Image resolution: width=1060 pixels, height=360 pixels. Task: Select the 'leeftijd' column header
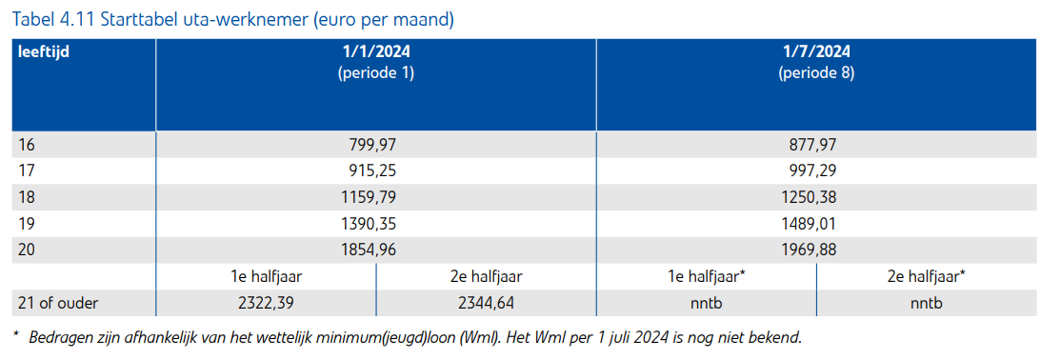(45, 51)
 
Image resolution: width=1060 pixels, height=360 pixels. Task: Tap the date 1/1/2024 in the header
(375, 51)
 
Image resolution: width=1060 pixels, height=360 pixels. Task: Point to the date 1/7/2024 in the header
(815, 51)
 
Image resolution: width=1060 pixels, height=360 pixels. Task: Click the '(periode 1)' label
(375, 72)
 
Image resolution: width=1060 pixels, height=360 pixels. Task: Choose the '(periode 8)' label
(815, 72)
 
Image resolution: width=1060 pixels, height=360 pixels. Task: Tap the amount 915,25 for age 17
(373, 170)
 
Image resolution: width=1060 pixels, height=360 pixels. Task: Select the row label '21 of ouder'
(57, 303)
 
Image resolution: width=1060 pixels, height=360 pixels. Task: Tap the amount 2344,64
(486, 303)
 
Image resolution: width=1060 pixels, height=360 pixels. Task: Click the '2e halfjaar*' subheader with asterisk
(926, 276)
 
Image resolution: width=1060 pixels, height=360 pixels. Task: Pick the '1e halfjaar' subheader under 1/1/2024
(266, 276)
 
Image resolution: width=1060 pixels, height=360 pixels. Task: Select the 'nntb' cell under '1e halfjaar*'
(706, 303)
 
